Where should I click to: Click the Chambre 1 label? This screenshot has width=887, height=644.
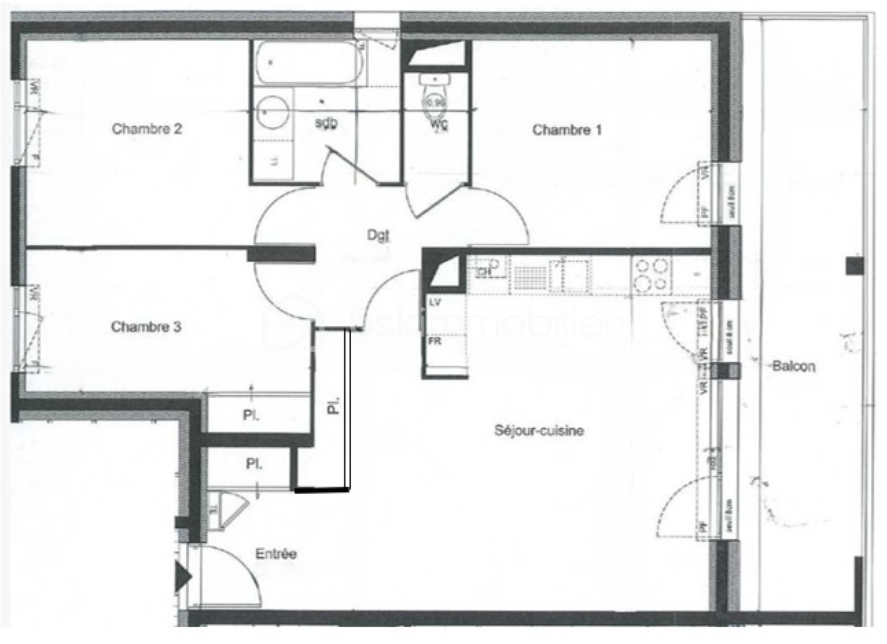tap(567, 130)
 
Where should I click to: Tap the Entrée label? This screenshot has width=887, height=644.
tap(276, 554)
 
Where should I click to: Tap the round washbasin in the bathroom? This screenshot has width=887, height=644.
tap(273, 112)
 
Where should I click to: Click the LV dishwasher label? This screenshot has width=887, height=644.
tap(435, 302)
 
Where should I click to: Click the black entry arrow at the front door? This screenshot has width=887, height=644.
tap(182, 576)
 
